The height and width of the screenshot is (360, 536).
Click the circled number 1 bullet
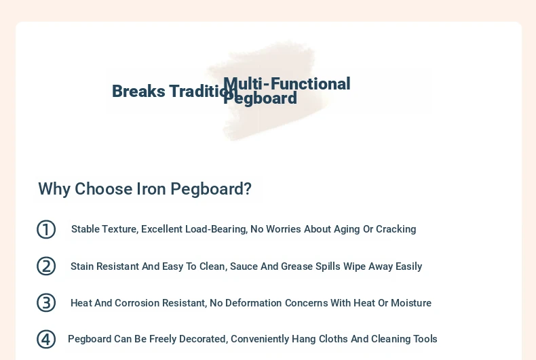[x=46, y=229]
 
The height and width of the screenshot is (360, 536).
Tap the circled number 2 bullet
[x=46, y=266]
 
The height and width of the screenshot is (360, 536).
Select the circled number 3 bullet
[x=46, y=302]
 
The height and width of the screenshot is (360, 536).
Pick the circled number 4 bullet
[x=46, y=339]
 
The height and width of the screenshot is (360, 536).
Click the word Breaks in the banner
[x=139, y=92]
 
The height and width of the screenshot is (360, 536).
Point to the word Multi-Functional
[x=287, y=84]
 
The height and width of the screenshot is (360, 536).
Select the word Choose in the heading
[x=103, y=189]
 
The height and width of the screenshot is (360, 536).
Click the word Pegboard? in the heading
[x=211, y=189]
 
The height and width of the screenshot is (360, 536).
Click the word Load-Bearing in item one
[x=216, y=229]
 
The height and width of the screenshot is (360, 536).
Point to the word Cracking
[x=396, y=229]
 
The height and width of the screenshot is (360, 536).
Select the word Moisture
[x=411, y=303]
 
